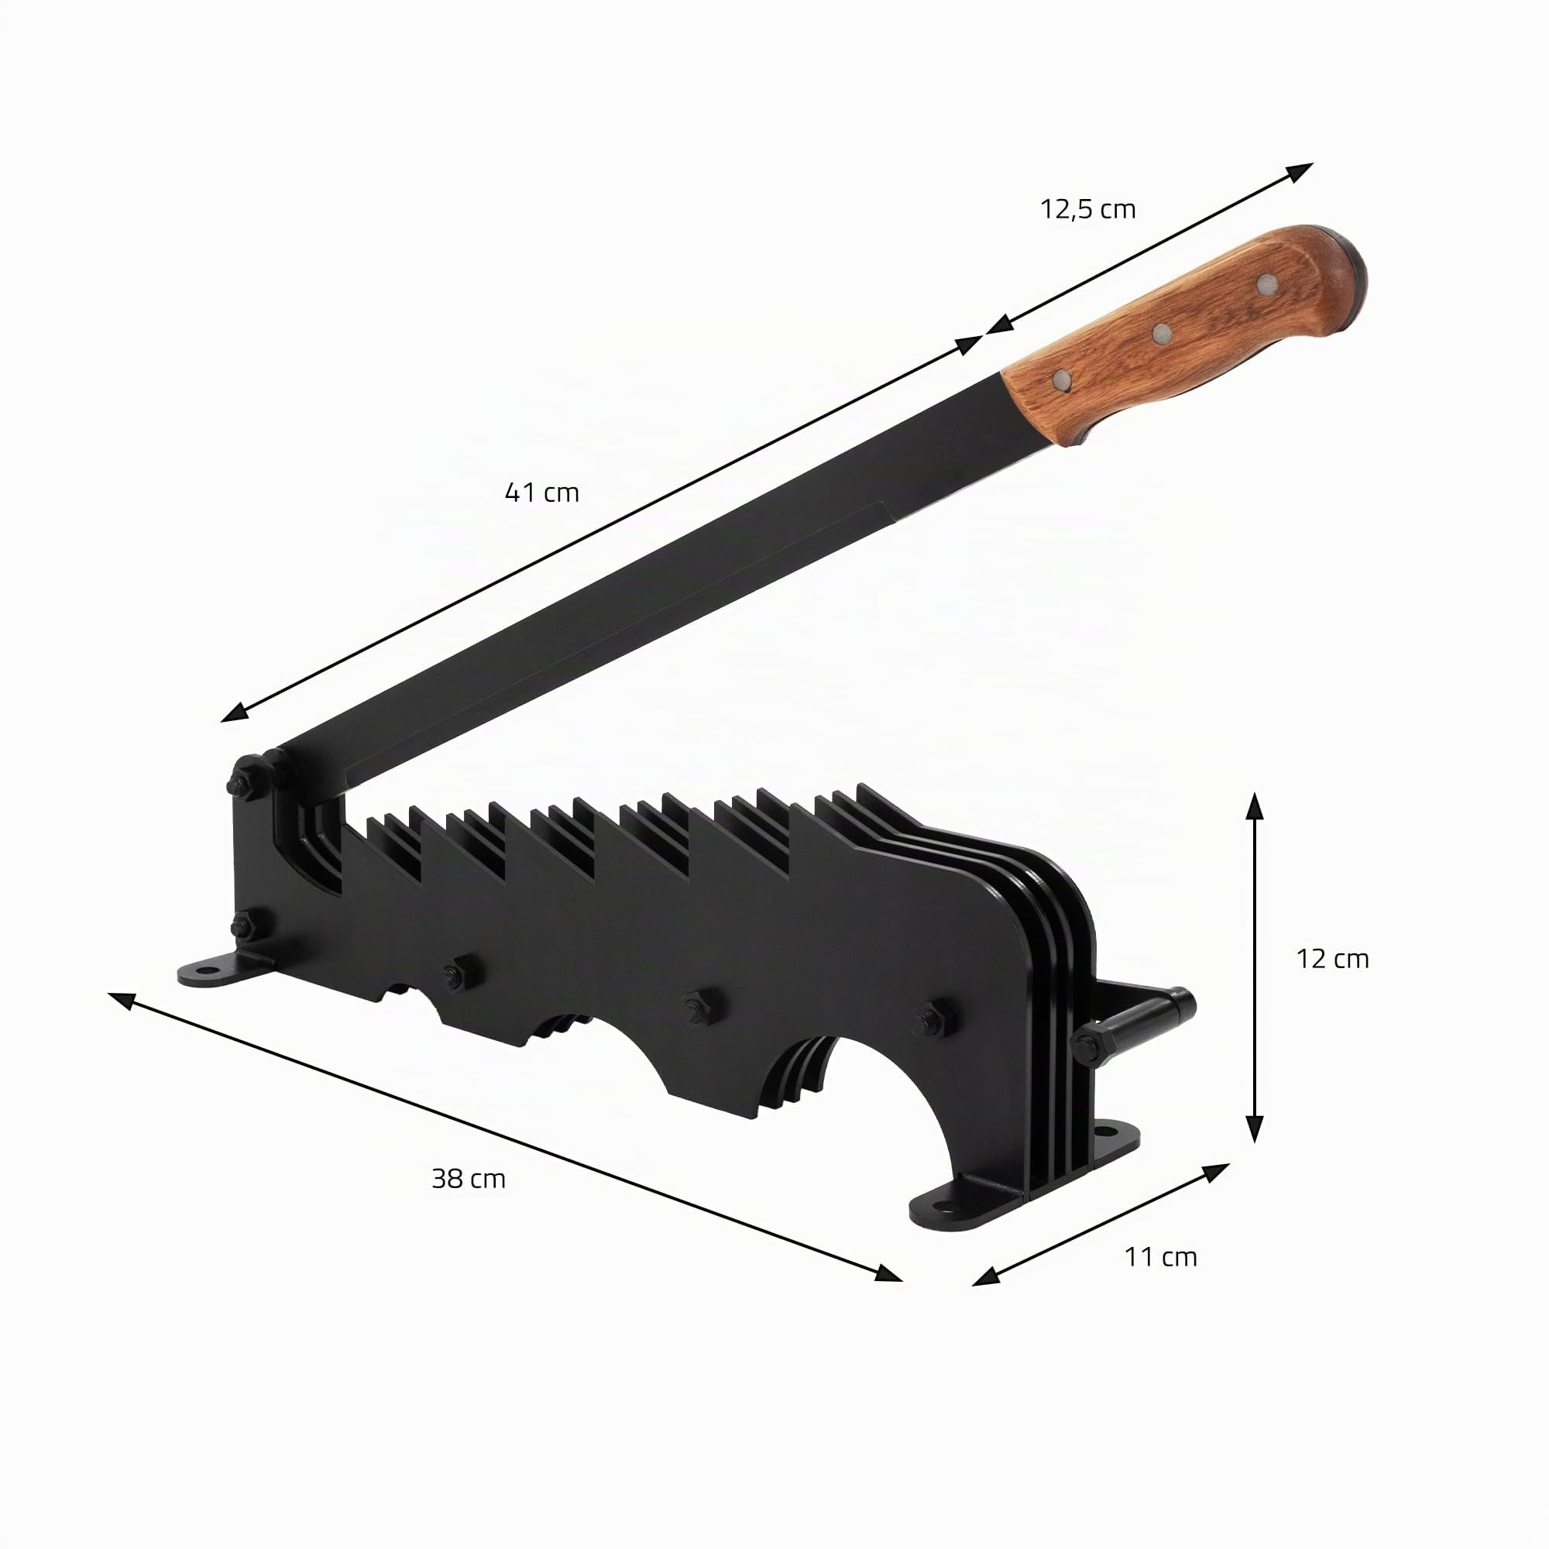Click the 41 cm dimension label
542,493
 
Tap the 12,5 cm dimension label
1088,210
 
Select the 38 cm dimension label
469,1179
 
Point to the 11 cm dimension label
1161,1257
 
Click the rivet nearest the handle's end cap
1268,281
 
